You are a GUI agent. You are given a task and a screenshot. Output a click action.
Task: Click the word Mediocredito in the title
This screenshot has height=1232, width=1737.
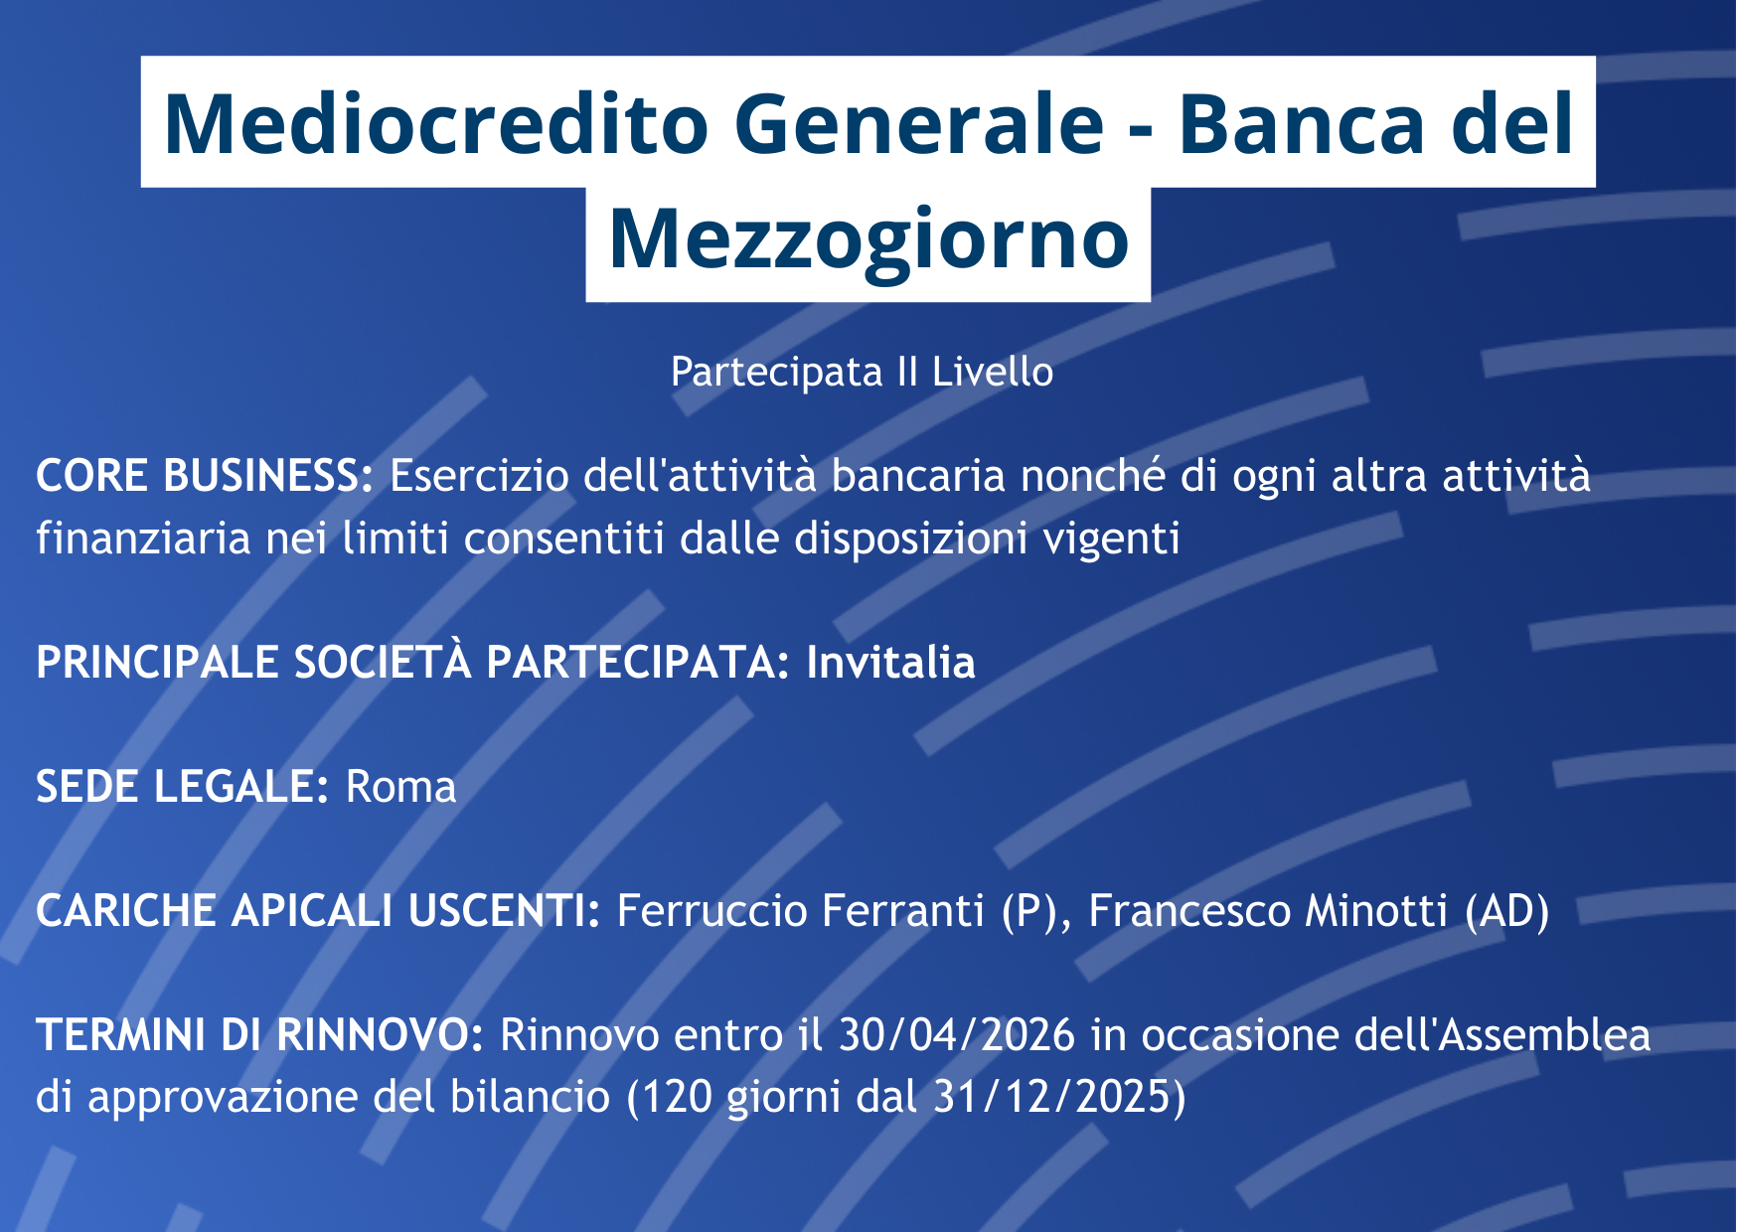[x=436, y=123]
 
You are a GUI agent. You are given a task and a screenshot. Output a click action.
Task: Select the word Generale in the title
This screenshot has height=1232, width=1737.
[x=919, y=123]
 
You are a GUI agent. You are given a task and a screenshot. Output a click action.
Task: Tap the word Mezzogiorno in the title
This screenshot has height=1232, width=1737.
[x=868, y=240]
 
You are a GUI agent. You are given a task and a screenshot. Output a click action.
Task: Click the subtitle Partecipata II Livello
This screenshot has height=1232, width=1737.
[x=862, y=372]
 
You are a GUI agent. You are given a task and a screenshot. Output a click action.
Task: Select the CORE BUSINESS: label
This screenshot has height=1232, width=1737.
[x=205, y=475]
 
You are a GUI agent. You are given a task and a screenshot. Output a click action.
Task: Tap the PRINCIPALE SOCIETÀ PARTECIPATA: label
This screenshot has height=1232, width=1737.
[x=413, y=662]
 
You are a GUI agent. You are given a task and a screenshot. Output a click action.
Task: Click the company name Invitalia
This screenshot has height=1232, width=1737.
[x=890, y=662]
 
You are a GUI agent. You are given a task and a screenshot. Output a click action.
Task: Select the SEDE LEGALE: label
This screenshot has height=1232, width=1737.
[x=182, y=786]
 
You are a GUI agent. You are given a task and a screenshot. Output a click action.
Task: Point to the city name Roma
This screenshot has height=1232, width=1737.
[x=400, y=787]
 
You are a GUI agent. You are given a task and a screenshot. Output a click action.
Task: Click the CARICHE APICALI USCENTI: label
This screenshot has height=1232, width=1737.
[x=318, y=910]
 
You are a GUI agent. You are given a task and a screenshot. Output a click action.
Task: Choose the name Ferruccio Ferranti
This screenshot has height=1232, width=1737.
[x=801, y=910]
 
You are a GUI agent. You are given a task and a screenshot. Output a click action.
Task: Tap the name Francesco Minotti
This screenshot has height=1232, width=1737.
[x=1268, y=910]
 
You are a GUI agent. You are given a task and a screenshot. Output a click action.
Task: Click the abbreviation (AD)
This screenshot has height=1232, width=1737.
[x=1507, y=911]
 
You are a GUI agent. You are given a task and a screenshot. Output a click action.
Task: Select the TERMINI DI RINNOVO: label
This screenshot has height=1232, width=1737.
[x=259, y=1034]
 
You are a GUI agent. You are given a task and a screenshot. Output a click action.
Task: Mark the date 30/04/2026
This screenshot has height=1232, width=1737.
[x=957, y=1034]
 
